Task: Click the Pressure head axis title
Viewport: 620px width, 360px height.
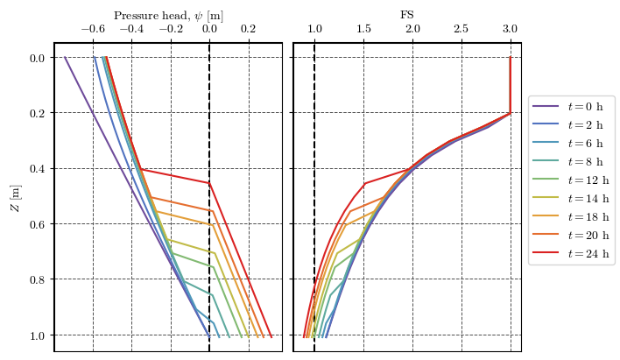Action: pyautogui.click(x=168, y=15)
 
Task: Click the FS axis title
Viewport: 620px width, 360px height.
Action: pyautogui.click(x=407, y=15)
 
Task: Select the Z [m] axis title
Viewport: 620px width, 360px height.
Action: pyautogui.click(x=16, y=198)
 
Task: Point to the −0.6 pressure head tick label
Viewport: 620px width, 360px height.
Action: pyautogui.click(x=93, y=30)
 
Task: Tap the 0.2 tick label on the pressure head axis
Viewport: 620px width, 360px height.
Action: pyautogui.click(x=249, y=30)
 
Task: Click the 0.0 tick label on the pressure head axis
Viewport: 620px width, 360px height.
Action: pyautogui.click(x=209, y=30)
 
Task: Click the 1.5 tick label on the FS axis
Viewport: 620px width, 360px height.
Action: pyautogui.click(x=363, y=30)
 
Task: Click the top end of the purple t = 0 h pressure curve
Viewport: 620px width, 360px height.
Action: pyautogui.click(x=64, y=58)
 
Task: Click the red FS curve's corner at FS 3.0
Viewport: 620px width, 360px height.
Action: pyautogui.click(x=511, y=113)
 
